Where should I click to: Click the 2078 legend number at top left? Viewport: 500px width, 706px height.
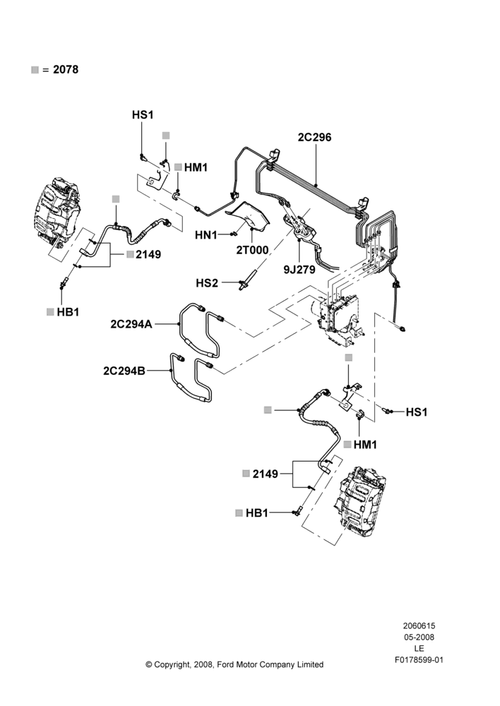[x=66, y=69]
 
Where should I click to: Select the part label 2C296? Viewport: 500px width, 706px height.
[x=314, y=137]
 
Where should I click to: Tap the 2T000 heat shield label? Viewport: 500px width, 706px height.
[x=252, y=250]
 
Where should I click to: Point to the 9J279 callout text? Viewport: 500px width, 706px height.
[x=299, y=270]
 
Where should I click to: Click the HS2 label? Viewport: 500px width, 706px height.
[x=207, y=283]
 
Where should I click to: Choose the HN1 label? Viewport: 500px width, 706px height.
[x=206, y=235]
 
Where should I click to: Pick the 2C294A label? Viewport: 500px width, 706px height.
[x=131, y=324]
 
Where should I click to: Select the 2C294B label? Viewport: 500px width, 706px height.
[x=124, y=371]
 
